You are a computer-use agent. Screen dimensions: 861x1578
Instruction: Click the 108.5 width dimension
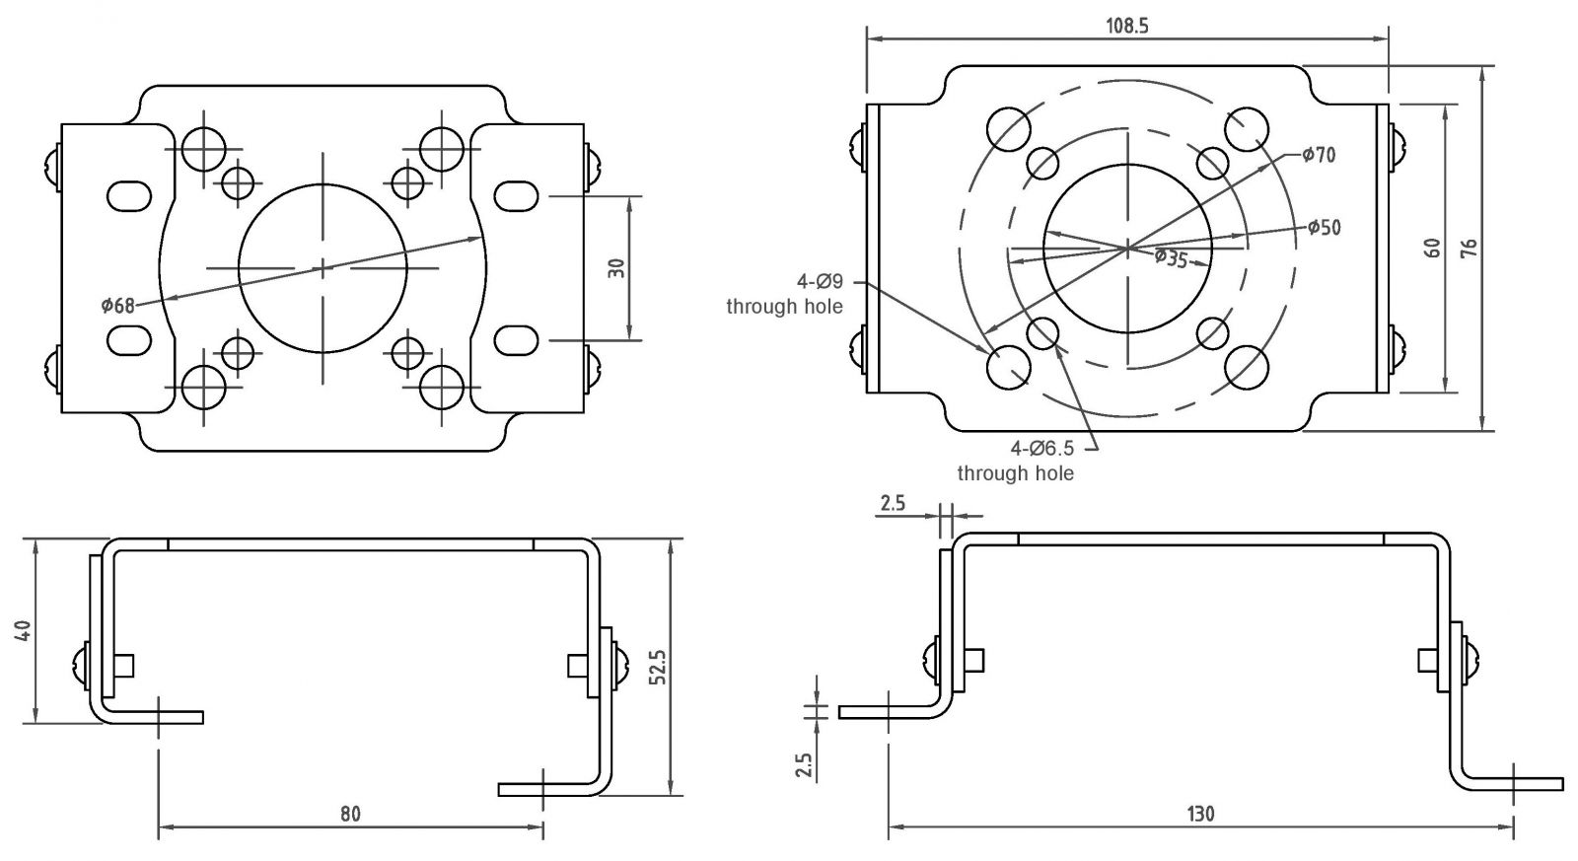pos(1127,27)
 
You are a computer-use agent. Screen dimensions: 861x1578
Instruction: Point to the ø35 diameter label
pos(1171,258)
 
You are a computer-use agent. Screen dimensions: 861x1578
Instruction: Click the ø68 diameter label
pos(117,305)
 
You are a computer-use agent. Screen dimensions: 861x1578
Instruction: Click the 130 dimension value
pos(1200,815)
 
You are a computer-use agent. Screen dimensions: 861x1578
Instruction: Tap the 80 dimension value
pos(350,815)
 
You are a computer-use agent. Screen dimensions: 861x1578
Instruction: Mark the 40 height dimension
pos(25,630)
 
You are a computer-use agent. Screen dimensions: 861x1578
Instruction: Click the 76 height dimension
pos(1469,247)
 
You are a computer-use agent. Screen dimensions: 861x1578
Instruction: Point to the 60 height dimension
pos(1433,247)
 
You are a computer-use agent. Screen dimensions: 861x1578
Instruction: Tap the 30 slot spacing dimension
pos(617,268)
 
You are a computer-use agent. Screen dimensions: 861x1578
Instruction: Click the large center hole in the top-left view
pos(323,267)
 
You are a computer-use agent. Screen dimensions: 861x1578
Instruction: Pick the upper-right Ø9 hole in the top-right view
pos(1247,128)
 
